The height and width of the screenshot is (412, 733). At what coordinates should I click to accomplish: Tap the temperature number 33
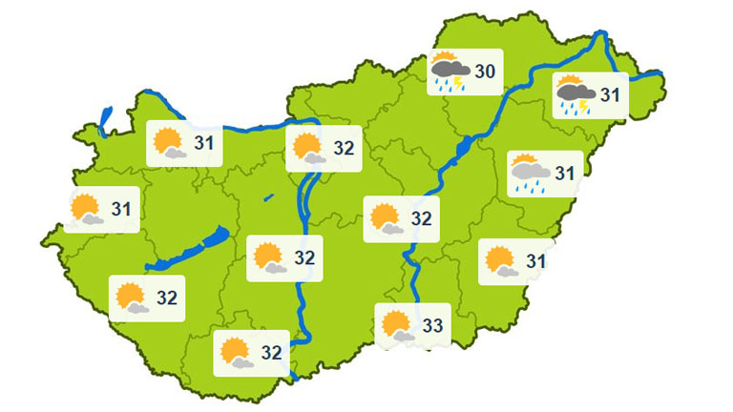(431, 326)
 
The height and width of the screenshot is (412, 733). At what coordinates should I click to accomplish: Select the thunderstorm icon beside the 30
(450, 72)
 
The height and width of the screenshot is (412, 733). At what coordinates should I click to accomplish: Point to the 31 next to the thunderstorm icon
(609, 94)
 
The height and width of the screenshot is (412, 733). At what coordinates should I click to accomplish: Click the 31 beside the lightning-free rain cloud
(565, 174)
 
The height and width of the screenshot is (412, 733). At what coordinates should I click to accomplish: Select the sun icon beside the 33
(397, 326)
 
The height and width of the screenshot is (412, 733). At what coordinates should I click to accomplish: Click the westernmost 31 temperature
(120, 208)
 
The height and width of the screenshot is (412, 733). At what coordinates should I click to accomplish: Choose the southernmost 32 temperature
(271, 353)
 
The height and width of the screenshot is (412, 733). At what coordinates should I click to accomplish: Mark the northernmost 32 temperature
(344, 148)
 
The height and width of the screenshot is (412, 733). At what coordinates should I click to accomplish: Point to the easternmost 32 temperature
(421, 218)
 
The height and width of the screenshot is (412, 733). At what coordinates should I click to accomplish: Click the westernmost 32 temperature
(166, 297)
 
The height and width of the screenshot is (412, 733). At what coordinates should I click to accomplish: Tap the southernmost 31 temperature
(535, 260)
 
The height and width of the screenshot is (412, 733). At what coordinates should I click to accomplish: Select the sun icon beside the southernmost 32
(236, 353)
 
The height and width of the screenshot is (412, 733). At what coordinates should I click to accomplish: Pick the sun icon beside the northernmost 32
(308, 148)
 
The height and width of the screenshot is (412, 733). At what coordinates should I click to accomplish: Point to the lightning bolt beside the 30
(459, 84)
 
